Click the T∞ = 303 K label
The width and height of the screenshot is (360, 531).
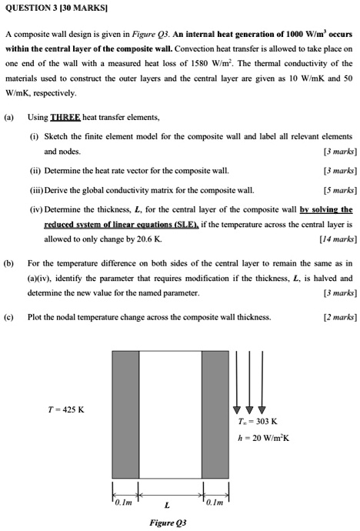click(258, 421)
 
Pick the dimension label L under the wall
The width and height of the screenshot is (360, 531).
click(168, 505)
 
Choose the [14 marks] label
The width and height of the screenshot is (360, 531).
click(336, 239)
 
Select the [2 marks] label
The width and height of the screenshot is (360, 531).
click(338, 316)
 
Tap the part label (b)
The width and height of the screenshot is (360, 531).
click(9, 262)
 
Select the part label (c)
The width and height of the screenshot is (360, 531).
click(9, 316)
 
